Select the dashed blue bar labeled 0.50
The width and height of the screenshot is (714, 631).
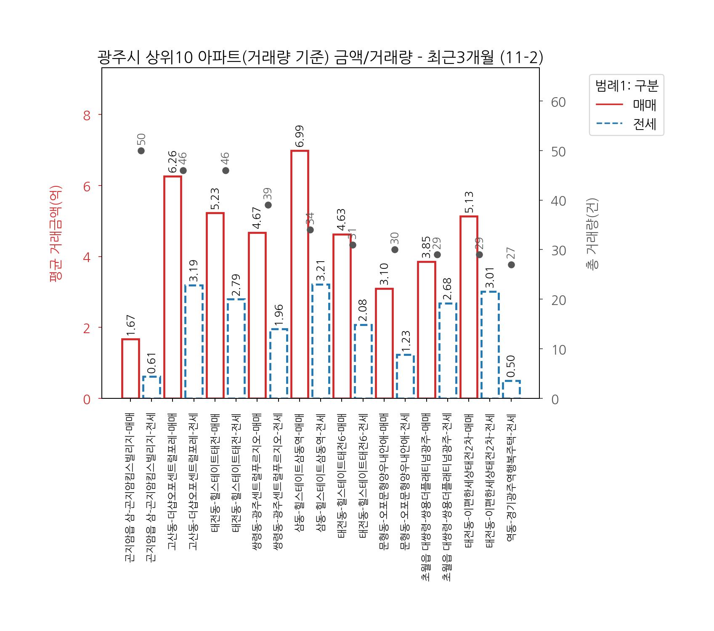[511, 390]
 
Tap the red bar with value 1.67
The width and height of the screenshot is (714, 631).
[130, 369]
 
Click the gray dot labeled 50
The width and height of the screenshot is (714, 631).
[141, 151]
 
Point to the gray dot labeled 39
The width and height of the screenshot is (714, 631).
[268, 205]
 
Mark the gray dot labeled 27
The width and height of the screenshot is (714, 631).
[511, 265]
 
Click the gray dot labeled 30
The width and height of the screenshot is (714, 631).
[395, 249]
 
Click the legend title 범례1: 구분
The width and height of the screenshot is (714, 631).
[626, 86]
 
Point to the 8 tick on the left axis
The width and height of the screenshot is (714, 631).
[87, 115]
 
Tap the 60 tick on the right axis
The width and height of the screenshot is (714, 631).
[558, 102]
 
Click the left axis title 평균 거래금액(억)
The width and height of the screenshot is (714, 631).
[56, 233]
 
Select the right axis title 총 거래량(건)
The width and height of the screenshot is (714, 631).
[592, 233]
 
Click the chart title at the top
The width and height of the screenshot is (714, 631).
[320, 58]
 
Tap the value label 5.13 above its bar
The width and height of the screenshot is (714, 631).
[469, 202]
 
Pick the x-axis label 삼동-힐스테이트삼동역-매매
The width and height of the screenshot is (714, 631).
[300, 473]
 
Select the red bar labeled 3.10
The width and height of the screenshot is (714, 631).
[384, 343]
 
